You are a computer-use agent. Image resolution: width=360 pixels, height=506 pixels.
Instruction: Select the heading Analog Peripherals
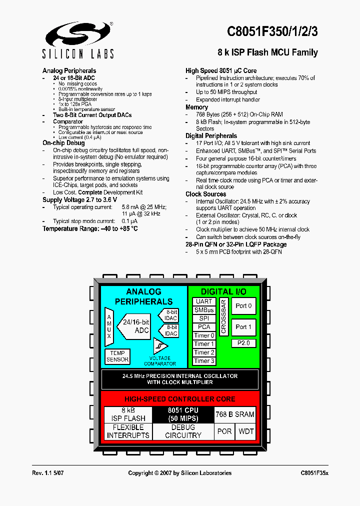pos(69,71)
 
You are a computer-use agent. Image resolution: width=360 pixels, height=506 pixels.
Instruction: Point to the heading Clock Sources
pos(205,194)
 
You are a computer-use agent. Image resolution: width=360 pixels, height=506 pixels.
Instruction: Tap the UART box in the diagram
pos(204,301)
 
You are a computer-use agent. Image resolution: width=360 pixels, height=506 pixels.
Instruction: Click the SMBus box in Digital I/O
pos(204,310)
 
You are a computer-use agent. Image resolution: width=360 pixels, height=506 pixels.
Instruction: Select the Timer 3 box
pos(204,361)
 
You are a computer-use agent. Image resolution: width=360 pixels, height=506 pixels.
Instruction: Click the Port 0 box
pos(243,306)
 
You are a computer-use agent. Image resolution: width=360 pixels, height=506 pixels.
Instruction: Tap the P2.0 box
pos(243,343)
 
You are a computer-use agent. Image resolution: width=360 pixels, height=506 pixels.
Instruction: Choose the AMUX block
pos(109,326)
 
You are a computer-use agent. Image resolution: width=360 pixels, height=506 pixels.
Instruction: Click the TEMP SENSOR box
pos(117,356)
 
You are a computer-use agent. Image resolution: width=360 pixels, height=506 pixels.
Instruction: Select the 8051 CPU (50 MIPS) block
pos(183,414)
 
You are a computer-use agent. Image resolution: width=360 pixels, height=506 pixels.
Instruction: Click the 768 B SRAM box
pos(234,414)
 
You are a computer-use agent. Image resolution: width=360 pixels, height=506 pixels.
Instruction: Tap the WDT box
pos(246,431)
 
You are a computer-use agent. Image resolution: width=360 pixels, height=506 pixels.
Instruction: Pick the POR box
pos(224,431)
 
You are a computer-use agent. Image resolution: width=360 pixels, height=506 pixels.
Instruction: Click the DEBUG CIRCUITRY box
pos(183,431)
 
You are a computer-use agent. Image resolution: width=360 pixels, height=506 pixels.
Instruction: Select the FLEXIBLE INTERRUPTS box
pos(128,431)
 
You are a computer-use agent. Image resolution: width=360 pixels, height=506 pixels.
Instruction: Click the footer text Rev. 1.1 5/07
pos(48,473)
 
